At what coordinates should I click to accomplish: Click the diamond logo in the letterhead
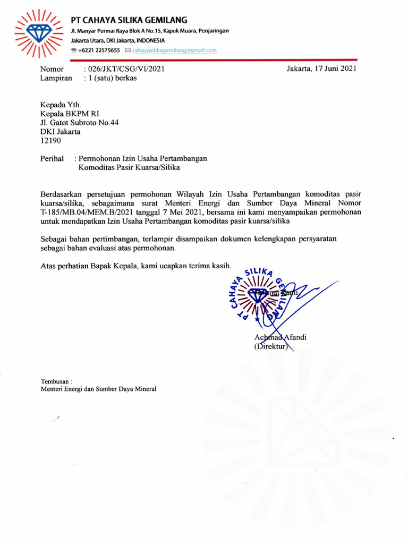tap(38, 33)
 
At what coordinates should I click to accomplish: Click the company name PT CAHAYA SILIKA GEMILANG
tap(129, 20)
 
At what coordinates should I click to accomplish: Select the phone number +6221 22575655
tap(99, 50)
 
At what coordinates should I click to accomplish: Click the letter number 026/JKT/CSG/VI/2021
tap(124, 69)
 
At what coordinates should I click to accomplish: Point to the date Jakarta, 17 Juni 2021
tap(321, 69)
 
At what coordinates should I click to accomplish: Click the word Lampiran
tap(56, 78)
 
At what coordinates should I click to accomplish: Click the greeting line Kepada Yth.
tap(61, 105)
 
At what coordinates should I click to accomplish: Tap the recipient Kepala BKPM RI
tap(70, 114)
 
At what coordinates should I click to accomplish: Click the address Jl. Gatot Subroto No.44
tap(80, 123)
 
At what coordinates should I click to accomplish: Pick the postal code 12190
tap(51, 141)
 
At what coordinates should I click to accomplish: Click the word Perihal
tap(52, 158)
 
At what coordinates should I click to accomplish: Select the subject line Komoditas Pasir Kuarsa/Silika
tap(130, 168)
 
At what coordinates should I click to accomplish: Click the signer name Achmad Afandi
tap(280, 338)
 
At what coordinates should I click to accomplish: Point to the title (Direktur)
tap(271, 347)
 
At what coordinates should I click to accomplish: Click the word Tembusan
tap(55, 381)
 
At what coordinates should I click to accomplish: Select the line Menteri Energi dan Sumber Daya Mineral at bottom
tap(99, 389)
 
